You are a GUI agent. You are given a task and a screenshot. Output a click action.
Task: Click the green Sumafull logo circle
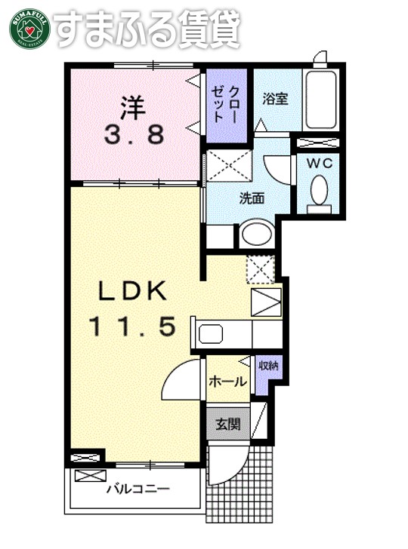tap(29, 29)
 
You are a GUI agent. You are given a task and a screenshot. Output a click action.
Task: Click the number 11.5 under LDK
tap(134, 327)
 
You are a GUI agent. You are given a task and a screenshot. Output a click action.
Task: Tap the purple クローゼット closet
tap(225, 106)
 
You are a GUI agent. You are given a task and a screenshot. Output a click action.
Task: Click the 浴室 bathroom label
tap(275, 100)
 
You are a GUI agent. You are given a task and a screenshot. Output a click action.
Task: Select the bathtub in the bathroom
tap(323, 100)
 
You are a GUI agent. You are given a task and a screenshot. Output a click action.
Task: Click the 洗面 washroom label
tap(252, 199)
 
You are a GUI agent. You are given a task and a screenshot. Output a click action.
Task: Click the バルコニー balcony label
tap(138, 489)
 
